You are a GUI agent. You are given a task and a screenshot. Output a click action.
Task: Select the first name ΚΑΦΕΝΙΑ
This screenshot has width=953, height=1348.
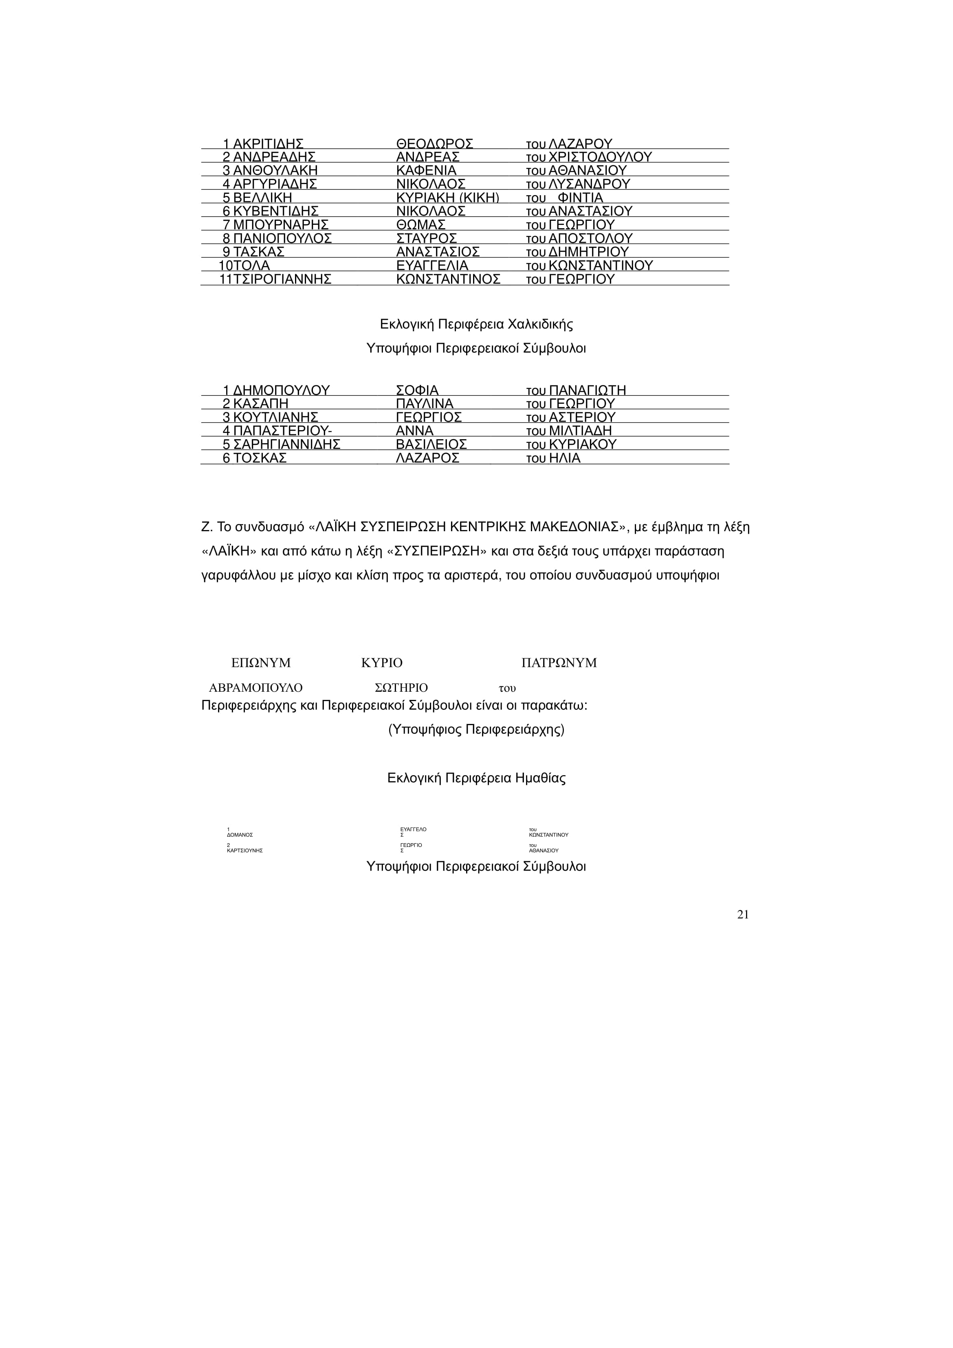coord(426,171)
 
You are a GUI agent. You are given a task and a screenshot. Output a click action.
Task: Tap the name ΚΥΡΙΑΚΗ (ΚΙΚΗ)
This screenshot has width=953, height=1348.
coord(447,198)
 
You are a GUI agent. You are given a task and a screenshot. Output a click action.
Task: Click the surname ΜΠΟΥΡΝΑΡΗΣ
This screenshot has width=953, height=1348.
coord(280,225)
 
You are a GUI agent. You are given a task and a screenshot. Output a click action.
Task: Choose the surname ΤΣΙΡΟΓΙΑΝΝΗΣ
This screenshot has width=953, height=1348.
coord(282,279)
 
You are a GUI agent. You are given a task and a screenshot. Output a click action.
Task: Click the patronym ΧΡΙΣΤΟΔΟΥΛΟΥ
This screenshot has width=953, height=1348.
coord(599,157)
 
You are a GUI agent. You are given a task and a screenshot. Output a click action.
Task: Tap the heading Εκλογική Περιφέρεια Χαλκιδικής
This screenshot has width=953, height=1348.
coord(476,324)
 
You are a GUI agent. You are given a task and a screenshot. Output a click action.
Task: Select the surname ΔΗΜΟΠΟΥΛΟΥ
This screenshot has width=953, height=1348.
coord(281,390)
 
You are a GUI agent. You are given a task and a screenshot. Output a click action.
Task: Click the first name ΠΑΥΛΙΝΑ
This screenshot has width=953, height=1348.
coord(425,404)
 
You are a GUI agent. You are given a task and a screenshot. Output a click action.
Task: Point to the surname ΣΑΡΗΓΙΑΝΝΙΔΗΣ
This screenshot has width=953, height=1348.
coord(286,444)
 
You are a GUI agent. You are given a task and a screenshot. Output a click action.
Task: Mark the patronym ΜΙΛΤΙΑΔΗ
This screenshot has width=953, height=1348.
coord(580,431)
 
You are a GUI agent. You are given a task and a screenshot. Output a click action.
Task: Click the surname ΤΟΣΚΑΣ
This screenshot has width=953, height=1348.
coord(260,458)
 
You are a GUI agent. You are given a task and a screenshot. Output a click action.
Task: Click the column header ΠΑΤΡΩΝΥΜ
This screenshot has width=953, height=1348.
coord(559,663)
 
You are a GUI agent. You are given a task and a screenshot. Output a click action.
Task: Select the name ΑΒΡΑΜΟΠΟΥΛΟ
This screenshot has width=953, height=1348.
coord(256,688)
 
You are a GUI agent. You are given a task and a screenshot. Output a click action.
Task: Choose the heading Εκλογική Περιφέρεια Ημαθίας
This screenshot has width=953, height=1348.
coord(476,778)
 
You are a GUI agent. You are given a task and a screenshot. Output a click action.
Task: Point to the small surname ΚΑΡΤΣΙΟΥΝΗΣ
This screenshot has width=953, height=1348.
coord(244,850)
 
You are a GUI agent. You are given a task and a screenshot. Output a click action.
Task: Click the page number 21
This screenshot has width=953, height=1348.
coord(742,915)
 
